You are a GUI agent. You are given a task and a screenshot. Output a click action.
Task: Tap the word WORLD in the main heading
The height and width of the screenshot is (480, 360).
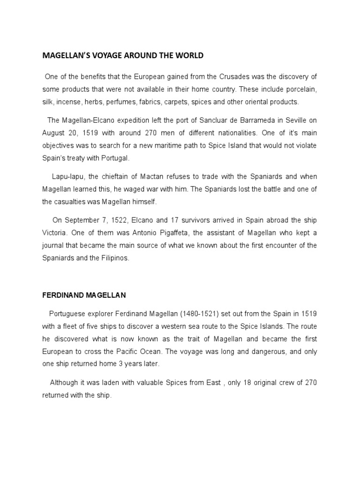[188, 55]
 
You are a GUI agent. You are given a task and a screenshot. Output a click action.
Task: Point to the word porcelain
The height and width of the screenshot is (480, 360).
[299, 90]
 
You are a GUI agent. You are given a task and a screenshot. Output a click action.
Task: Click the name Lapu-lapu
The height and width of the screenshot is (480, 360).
[67, 177]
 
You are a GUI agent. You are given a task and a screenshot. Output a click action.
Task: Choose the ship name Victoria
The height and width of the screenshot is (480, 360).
[56, 233]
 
